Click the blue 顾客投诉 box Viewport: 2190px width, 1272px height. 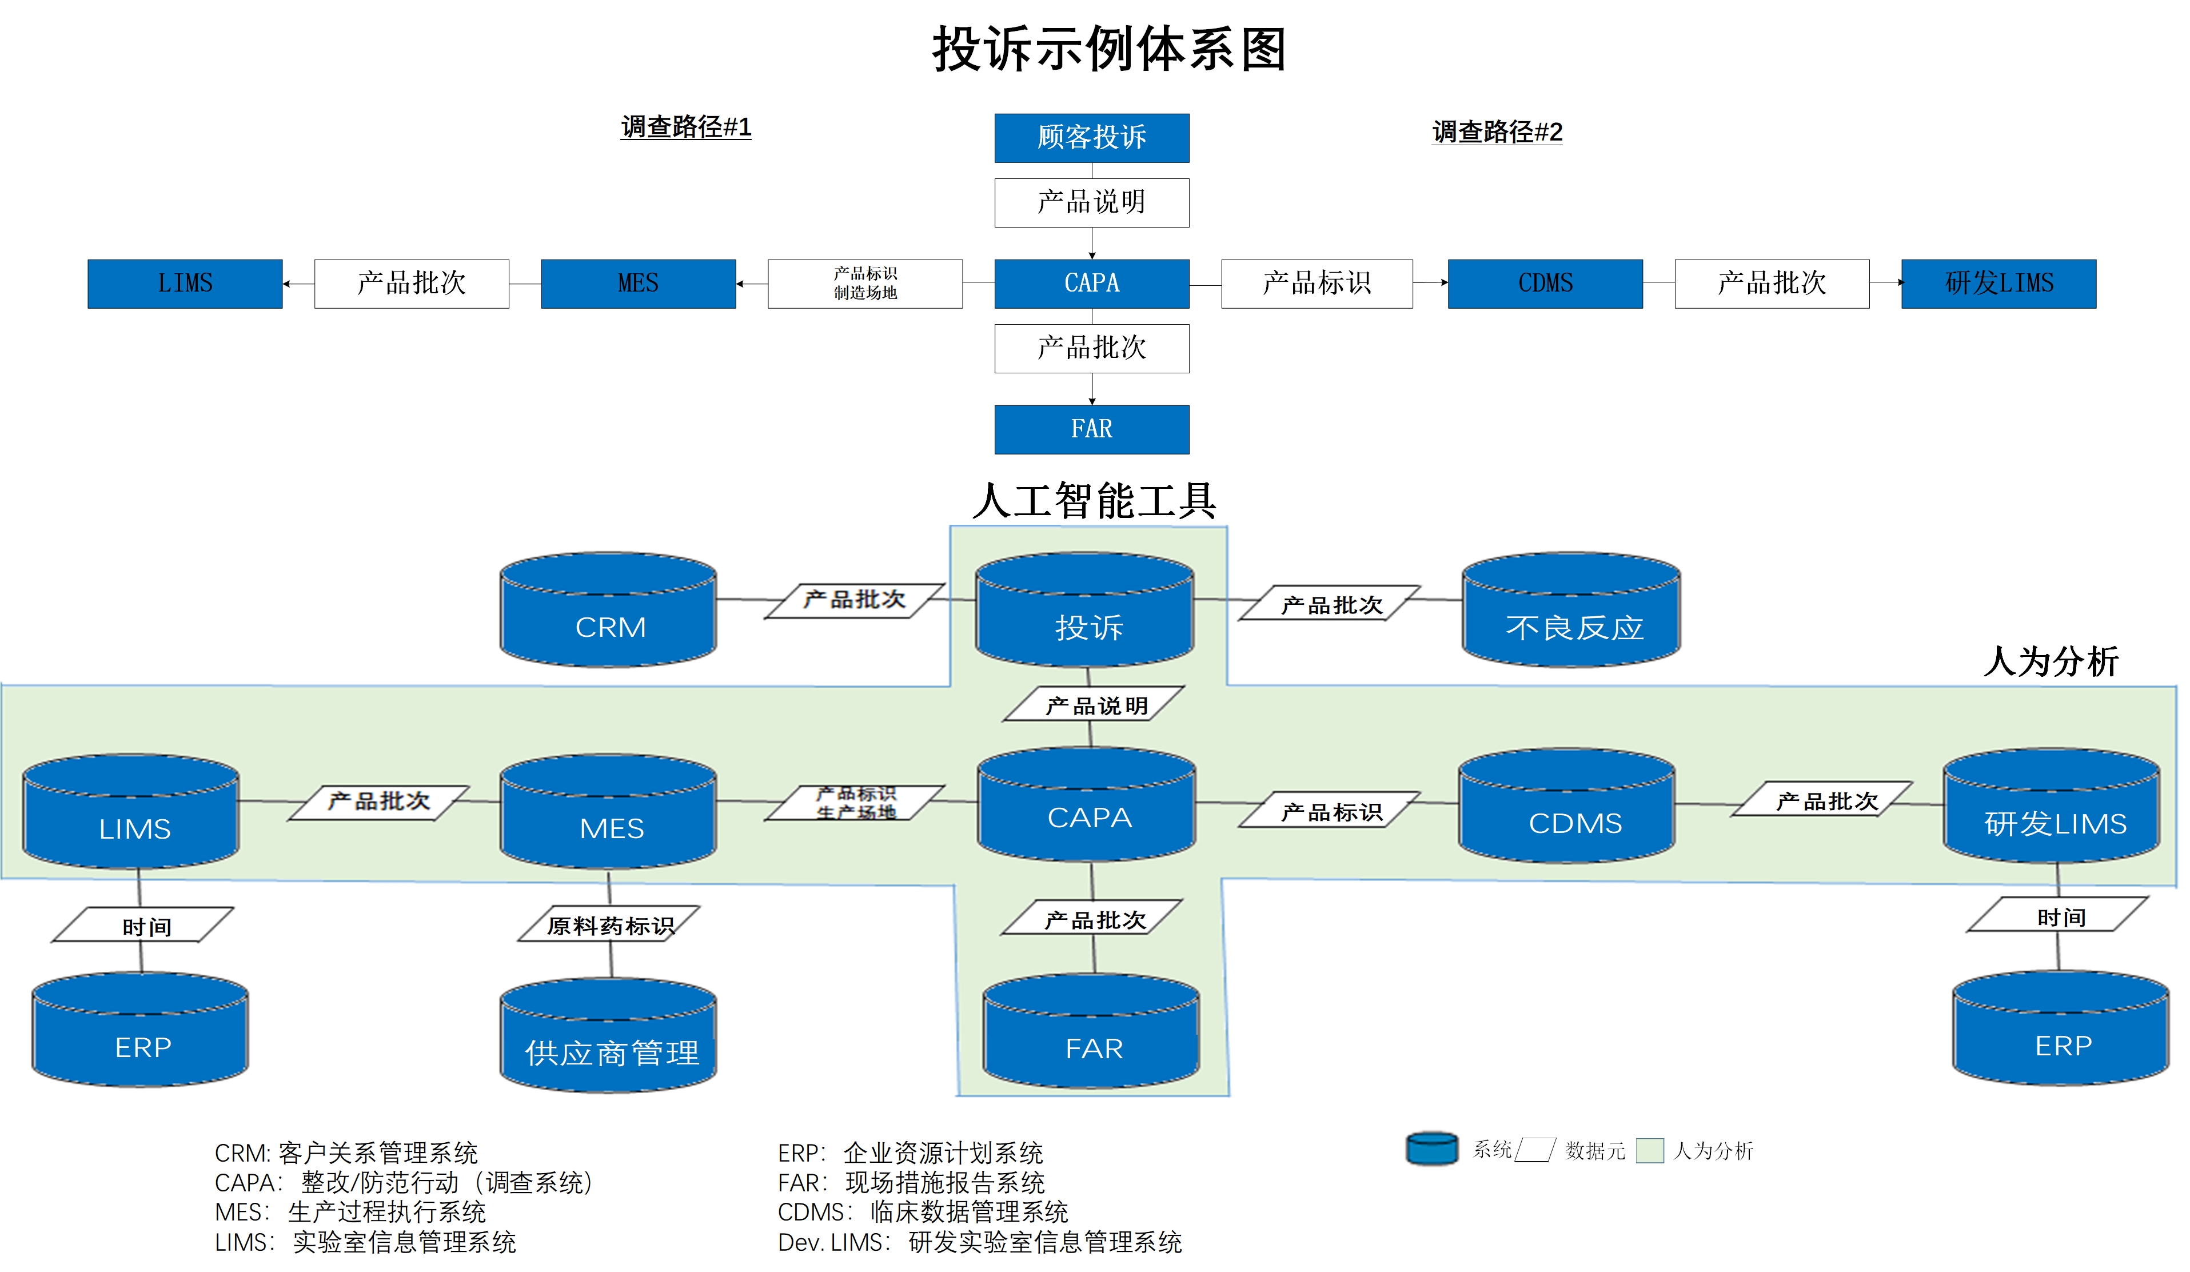[1091, 137]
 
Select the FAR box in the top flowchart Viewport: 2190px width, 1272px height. [1091, 429]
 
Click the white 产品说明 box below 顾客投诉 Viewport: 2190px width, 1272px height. [1091, 202]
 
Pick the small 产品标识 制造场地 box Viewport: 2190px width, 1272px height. [865, 283]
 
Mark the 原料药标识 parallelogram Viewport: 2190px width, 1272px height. [609, 924]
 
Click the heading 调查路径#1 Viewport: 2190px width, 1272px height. [685, 127]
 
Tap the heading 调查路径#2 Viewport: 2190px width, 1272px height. [1497, 132]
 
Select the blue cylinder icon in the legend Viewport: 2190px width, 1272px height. [1431, 1149]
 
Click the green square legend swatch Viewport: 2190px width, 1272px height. [1649, 1150]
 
